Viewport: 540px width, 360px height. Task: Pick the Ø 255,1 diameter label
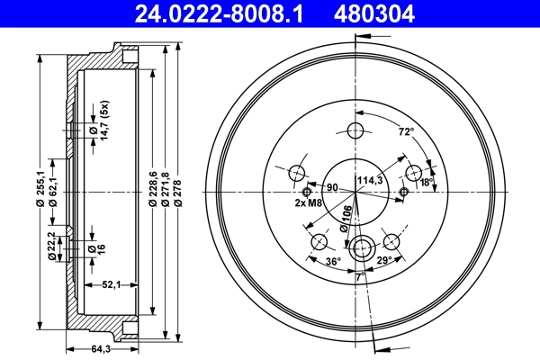[40, 191]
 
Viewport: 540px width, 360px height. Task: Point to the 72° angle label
[406, 131]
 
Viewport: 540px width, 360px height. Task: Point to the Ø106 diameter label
[346, 219]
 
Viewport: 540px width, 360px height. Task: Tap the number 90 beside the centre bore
[331, 187]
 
